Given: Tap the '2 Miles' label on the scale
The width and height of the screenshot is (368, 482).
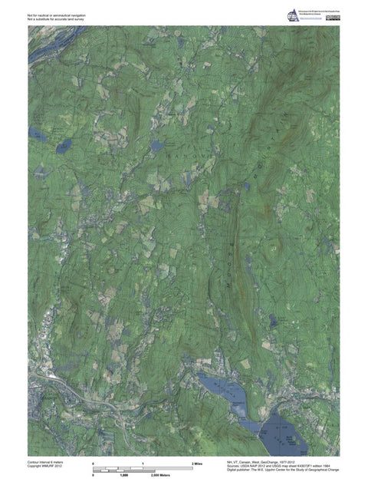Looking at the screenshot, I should tap(196, 464).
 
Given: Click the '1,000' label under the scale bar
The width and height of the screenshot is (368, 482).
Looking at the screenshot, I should tap(122, 477).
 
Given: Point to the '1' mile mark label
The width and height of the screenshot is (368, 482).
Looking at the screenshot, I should tap(143, 464).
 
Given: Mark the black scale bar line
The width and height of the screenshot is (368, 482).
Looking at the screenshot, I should tap(141, 470).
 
